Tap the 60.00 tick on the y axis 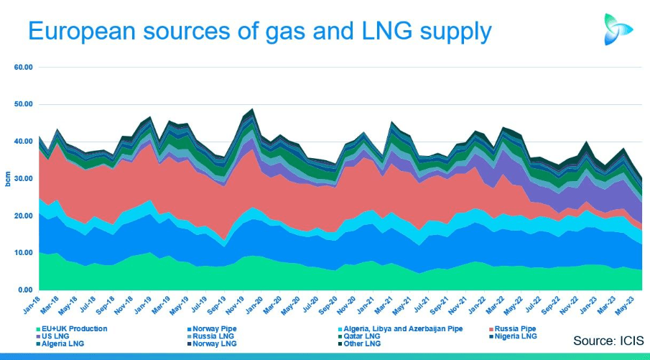point(24,68)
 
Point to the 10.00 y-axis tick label point(24,253)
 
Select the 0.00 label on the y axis point(26,290)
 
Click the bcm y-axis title point(8,179)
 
